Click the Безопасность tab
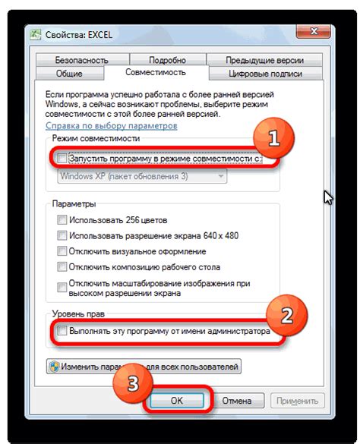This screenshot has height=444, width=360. pos(80,59)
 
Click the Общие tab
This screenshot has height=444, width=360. pos(69,73)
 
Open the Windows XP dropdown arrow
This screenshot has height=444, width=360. pos(221,175)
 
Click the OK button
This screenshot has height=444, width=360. pos(175,400)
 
